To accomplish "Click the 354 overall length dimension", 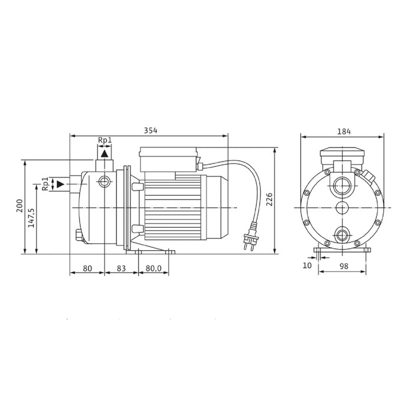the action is pos(150,130).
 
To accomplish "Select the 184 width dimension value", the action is pos(344,132).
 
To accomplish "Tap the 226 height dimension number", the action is pos(269,200).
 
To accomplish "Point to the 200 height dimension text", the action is pos(20,206).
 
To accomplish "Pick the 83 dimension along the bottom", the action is pos(121,268).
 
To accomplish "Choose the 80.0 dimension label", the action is pos(153,268).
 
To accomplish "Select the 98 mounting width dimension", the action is pos(344,266).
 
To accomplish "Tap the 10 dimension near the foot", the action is pos(307,265).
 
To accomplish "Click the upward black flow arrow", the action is pos(104,153).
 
